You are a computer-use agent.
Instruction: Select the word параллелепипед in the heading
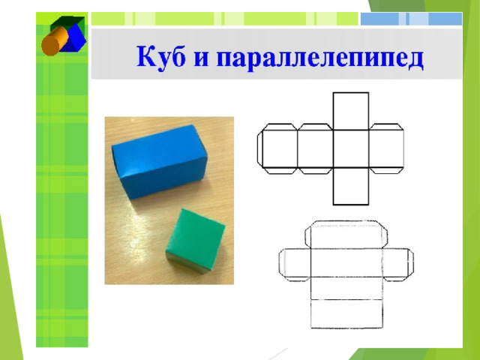pyautogui.click(x=320, y=59)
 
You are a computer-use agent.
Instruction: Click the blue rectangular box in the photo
pyautogui.click(x=160, y=161)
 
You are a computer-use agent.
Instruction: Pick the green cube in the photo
pyautogui.click(x=195, y=241)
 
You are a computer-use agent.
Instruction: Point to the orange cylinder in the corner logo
pyautogui.click(x=55, y=41)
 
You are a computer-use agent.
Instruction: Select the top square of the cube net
pyautogui.click(x=351, y=112)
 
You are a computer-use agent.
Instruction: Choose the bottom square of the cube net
pyautogui.click(x=351, y=186)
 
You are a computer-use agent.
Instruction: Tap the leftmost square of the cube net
pyautogui.click(x=280, y=149)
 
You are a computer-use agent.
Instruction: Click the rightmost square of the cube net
pyautogui.click(x=386, y=149)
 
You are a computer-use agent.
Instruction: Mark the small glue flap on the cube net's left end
pyautogui.click(x=260, y=149)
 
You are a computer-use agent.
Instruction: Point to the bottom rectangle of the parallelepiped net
pyautogui.click(x=346, y=314)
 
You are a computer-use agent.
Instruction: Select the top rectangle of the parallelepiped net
pyautogui.click(x=346, y=235)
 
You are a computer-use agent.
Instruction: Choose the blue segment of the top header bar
pyautogui.click(x=412, y=19)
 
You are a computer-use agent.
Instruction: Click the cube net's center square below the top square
pyautogui.click(x=351, y=149)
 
